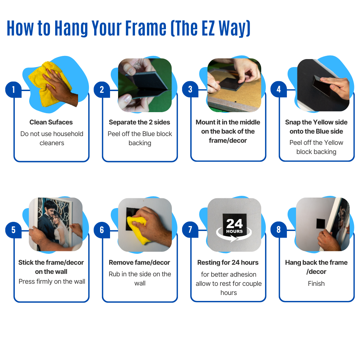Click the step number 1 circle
(13, 90)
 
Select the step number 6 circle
(102, 230)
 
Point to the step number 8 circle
(278, 229)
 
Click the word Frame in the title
(146, 28)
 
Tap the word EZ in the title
(208, 28)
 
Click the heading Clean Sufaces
(51, 122)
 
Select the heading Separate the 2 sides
(139, 122)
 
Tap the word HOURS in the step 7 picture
(234, 231)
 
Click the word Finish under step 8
(316, 284)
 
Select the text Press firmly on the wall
(52, 282)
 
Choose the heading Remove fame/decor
(139, 262)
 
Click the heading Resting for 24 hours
(228, 262)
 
